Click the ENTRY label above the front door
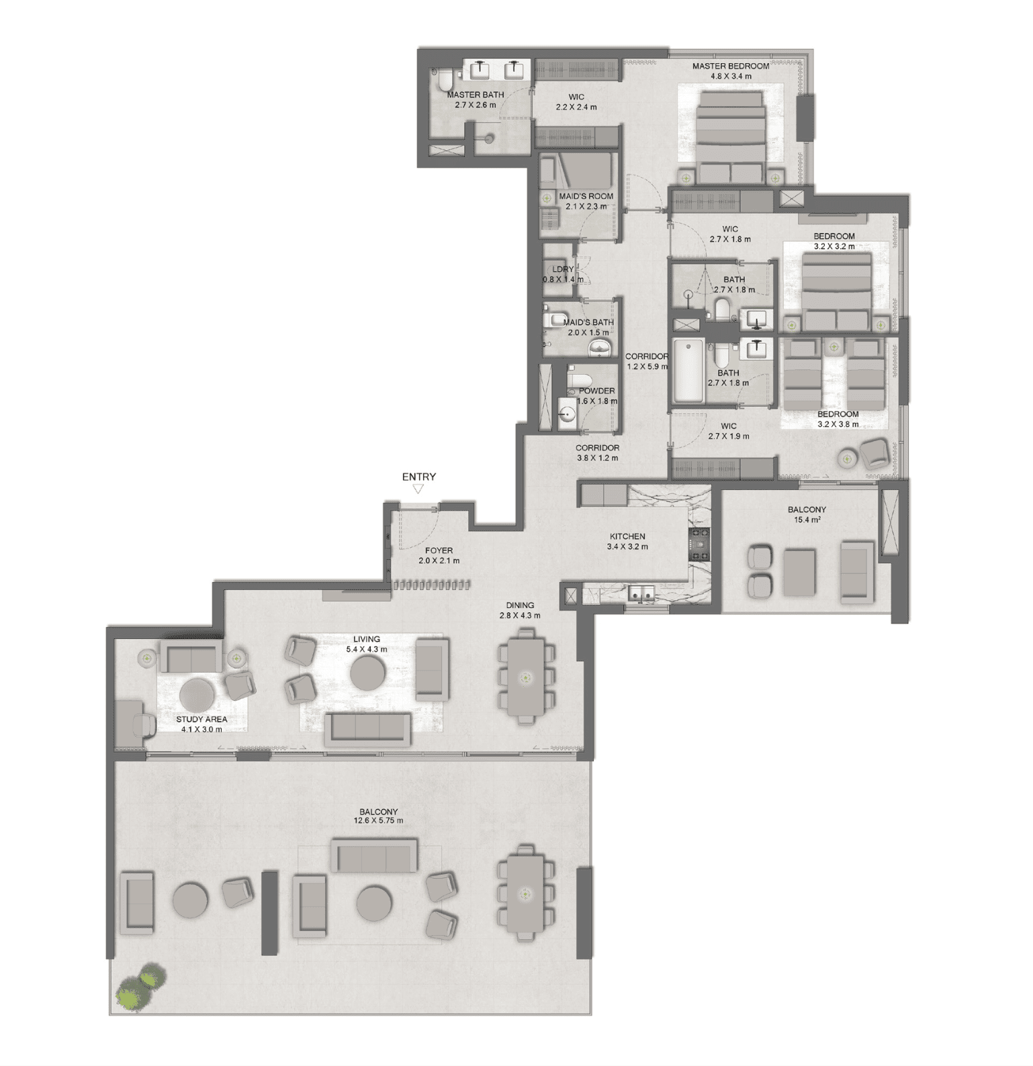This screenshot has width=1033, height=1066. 418,477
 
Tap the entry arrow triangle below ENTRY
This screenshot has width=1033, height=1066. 418,489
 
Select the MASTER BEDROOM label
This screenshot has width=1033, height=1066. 731,66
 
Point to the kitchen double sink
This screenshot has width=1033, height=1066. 641,593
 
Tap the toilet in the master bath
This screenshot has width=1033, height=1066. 444,82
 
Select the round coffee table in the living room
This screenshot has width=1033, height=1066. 368,673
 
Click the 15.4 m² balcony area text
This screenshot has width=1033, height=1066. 807,520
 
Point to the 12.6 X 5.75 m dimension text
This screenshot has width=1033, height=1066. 378,820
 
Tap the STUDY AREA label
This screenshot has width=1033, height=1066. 201,719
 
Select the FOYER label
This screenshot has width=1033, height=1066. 439,550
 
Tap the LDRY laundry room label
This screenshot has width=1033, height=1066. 563,269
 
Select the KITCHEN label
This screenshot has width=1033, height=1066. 627,536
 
